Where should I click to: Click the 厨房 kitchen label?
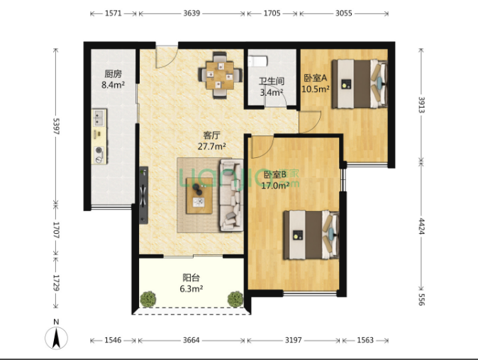113,74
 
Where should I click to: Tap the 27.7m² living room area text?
212,147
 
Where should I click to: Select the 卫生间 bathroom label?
272,81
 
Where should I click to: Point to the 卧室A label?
315,78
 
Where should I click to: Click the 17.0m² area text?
275,186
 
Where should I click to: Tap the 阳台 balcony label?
191,278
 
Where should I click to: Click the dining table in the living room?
220,75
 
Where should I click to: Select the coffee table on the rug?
199,196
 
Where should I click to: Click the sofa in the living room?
231,195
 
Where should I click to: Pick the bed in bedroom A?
360,84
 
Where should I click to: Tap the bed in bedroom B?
311,235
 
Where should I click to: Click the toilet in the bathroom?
257,61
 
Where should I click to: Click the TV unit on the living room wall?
143,195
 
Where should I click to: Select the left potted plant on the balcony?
148,299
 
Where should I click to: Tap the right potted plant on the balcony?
235,299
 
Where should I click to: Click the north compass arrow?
56,337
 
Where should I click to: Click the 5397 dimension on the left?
56,126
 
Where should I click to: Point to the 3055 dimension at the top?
344,13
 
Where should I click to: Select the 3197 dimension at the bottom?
294,340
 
